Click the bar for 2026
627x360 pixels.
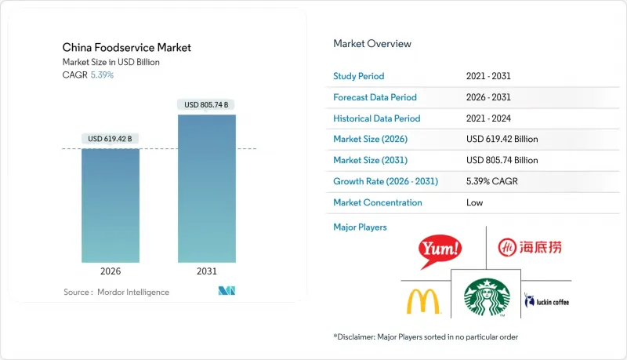tap(111, 205)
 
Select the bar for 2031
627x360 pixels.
tap(207, 188)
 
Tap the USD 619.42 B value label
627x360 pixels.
tap(111, 139)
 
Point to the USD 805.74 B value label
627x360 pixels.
tap(207, 104)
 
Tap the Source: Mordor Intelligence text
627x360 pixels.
tap(116, 292)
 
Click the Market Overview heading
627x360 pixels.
tap(372, 43)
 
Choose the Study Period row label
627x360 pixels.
tap(359, 77)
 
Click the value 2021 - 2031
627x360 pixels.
tap(487, 77)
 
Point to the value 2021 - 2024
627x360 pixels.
tap(487, 118)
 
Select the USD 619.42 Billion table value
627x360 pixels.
tap(502, 140)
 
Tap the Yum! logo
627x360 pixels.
tap(440, 249)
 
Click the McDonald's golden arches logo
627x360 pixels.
tap(424, 301)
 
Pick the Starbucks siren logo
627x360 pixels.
tap(486, 299)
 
